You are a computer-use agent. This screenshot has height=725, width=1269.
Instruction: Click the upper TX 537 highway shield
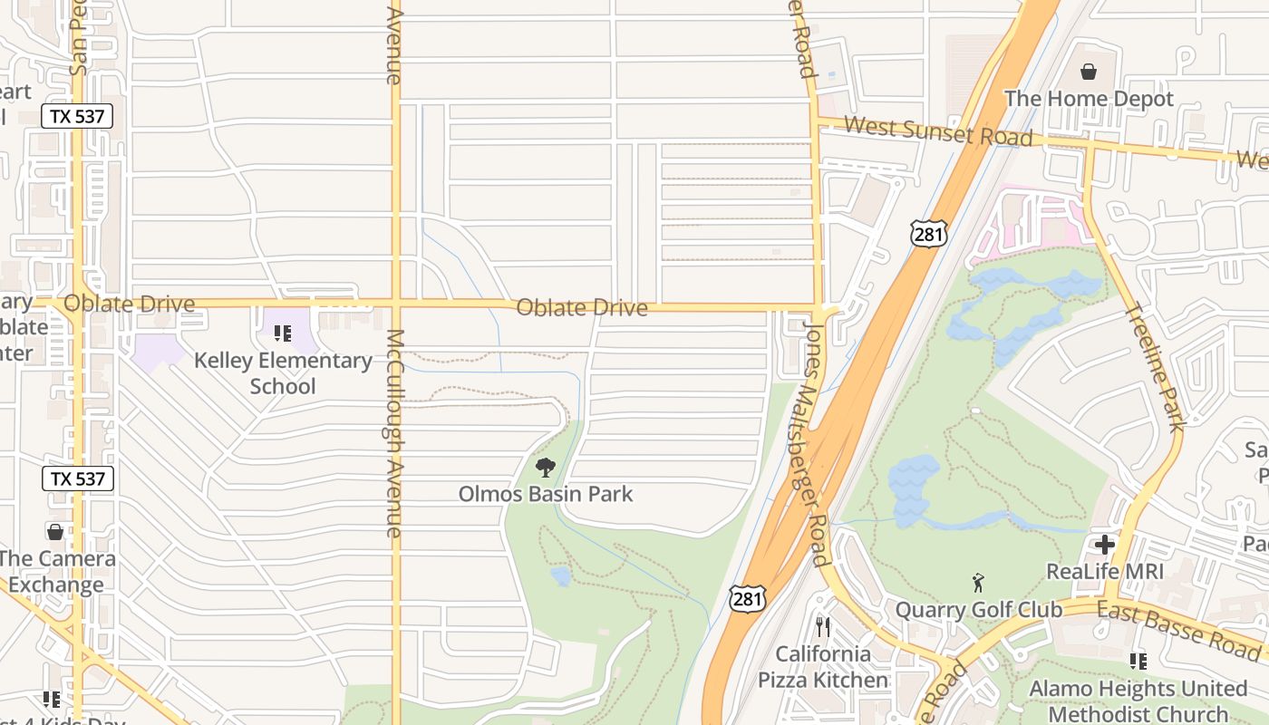pos(77,116)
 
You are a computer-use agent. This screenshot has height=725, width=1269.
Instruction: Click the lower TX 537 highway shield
pos(77,478)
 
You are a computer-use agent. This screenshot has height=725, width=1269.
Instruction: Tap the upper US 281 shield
pos(929,234)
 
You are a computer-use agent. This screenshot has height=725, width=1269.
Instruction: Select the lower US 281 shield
pos(748,597)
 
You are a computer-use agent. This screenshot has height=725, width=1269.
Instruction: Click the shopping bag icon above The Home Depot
pos(1088,71)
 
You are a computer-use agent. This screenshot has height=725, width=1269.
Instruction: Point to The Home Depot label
pos(1089,99)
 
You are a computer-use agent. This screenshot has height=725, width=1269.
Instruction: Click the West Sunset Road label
pos(938,131)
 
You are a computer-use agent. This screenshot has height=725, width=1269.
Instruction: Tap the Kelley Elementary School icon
pos(283,333)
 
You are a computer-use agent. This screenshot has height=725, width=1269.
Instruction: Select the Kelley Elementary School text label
pos(283,373)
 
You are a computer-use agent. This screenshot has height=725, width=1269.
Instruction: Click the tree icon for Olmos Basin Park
pos(545,468)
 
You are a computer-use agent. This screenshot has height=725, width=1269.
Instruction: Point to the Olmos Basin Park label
pos(545,494)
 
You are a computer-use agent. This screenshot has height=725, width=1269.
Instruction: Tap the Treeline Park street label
pos(1154,367)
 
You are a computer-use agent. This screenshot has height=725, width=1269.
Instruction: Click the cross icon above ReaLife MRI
pos(1104,545)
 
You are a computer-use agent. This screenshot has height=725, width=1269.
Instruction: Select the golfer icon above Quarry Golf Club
pos(977,582)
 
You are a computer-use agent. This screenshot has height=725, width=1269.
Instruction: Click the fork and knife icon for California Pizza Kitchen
pos(823,626)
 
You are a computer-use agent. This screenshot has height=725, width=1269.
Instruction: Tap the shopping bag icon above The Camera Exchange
pos(55,531)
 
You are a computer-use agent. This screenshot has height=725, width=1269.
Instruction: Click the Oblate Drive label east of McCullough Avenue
pos(582,308)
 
